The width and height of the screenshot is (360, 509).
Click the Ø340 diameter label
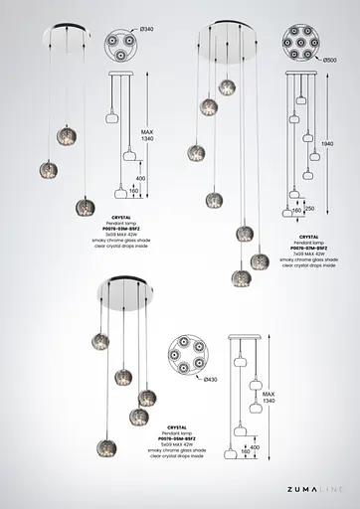point(147,31)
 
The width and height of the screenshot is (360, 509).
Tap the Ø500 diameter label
point(330,61)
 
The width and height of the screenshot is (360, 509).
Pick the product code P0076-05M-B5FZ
point(176,437)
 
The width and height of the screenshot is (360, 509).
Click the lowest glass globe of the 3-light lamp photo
point(86,206)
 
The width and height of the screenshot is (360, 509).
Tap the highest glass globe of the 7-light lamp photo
point(228,87)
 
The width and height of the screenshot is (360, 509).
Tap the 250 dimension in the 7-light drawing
point(310,209)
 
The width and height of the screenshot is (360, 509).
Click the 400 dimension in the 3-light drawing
point(140,178)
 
